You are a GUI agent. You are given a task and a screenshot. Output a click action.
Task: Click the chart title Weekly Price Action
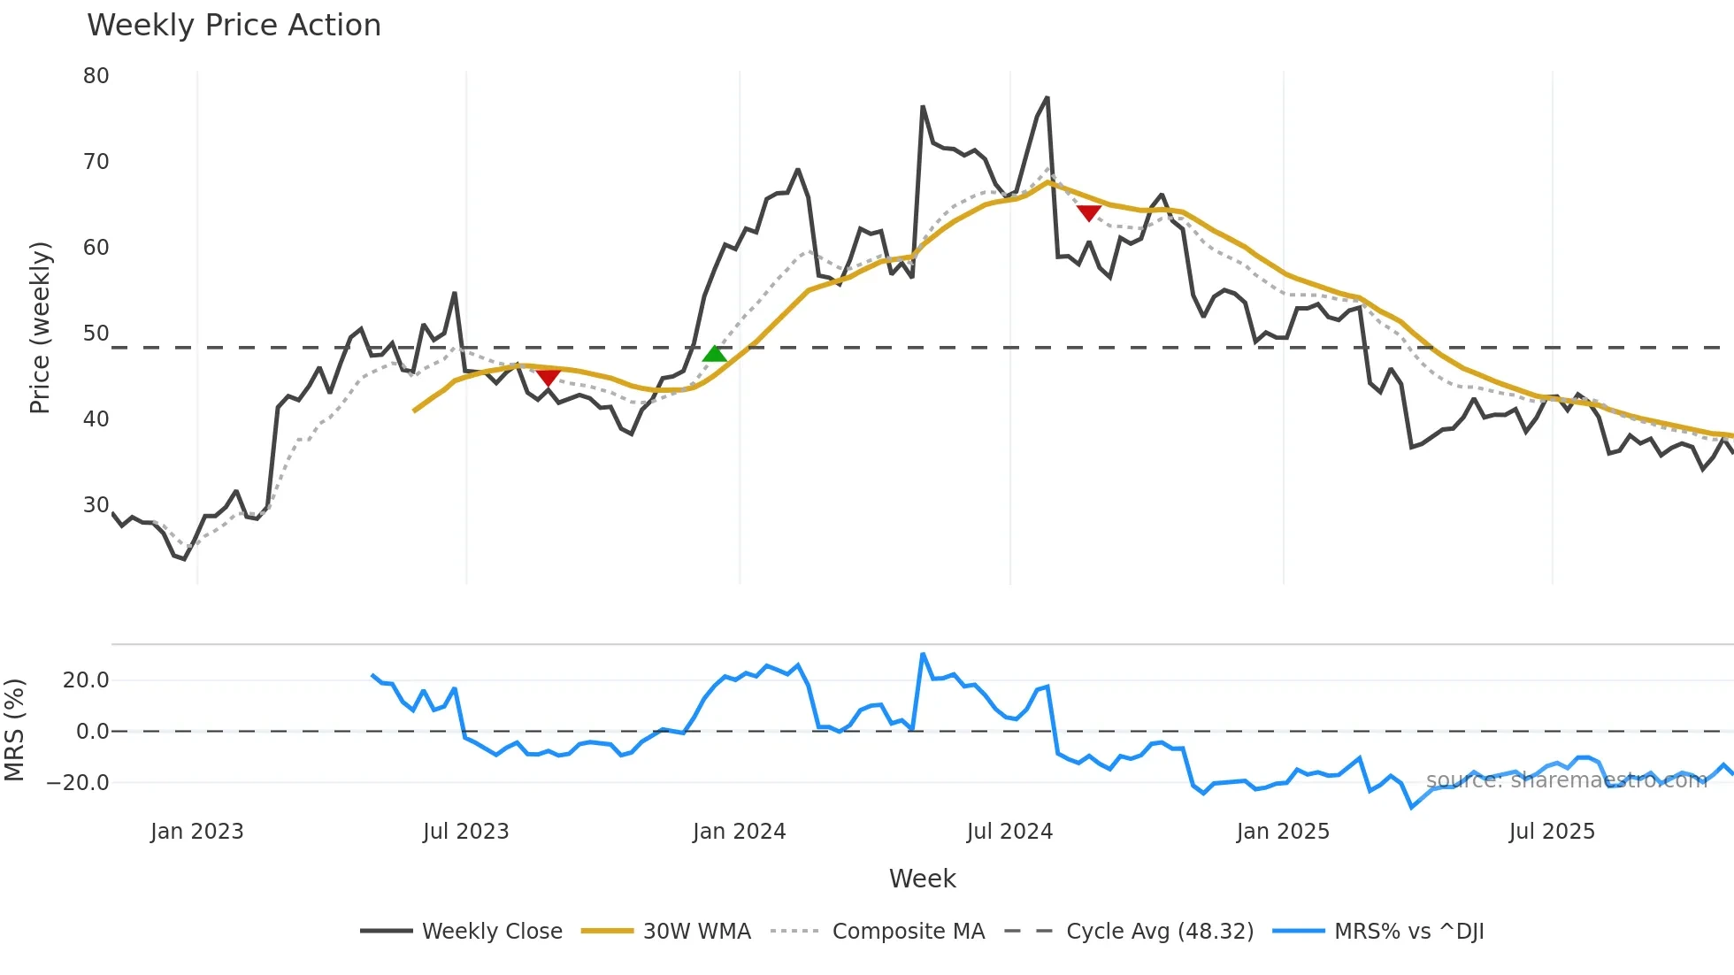coord(234,26)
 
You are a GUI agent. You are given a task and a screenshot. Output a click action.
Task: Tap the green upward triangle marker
coord(715,354)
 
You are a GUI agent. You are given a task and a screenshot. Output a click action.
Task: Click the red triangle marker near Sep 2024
coord(1089,212)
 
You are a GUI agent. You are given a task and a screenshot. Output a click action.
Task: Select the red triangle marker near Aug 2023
coord(549,379)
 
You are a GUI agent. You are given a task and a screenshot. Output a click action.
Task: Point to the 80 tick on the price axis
coord(96,76)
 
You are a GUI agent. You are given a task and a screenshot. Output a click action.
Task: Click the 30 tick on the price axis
coord(96,505)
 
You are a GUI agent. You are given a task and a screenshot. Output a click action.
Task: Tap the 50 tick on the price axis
coord(96,334)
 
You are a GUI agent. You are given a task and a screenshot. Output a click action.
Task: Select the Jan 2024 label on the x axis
coord(739,832)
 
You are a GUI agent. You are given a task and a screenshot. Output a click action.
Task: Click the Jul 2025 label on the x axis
coord(1552,832)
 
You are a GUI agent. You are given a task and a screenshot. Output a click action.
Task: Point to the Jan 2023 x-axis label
coord(196,832)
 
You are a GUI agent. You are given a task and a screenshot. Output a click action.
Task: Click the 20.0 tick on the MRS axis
coord(86,680)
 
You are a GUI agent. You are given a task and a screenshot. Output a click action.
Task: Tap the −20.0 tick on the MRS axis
coord(78,783)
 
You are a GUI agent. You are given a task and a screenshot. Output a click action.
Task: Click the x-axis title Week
coord(922,879)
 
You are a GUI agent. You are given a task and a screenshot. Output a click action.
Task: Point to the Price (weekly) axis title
coord(41,327)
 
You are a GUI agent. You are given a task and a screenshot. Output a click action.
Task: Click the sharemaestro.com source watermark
coord(1566,780)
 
